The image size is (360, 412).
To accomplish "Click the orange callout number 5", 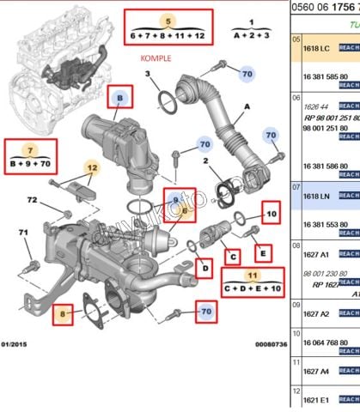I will click(x=168, y=21).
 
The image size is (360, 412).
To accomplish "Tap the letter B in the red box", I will click(x=120, y=98).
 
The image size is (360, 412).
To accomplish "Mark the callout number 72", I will click(x=32, y=200).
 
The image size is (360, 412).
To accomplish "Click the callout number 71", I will click(x=24, y=233).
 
